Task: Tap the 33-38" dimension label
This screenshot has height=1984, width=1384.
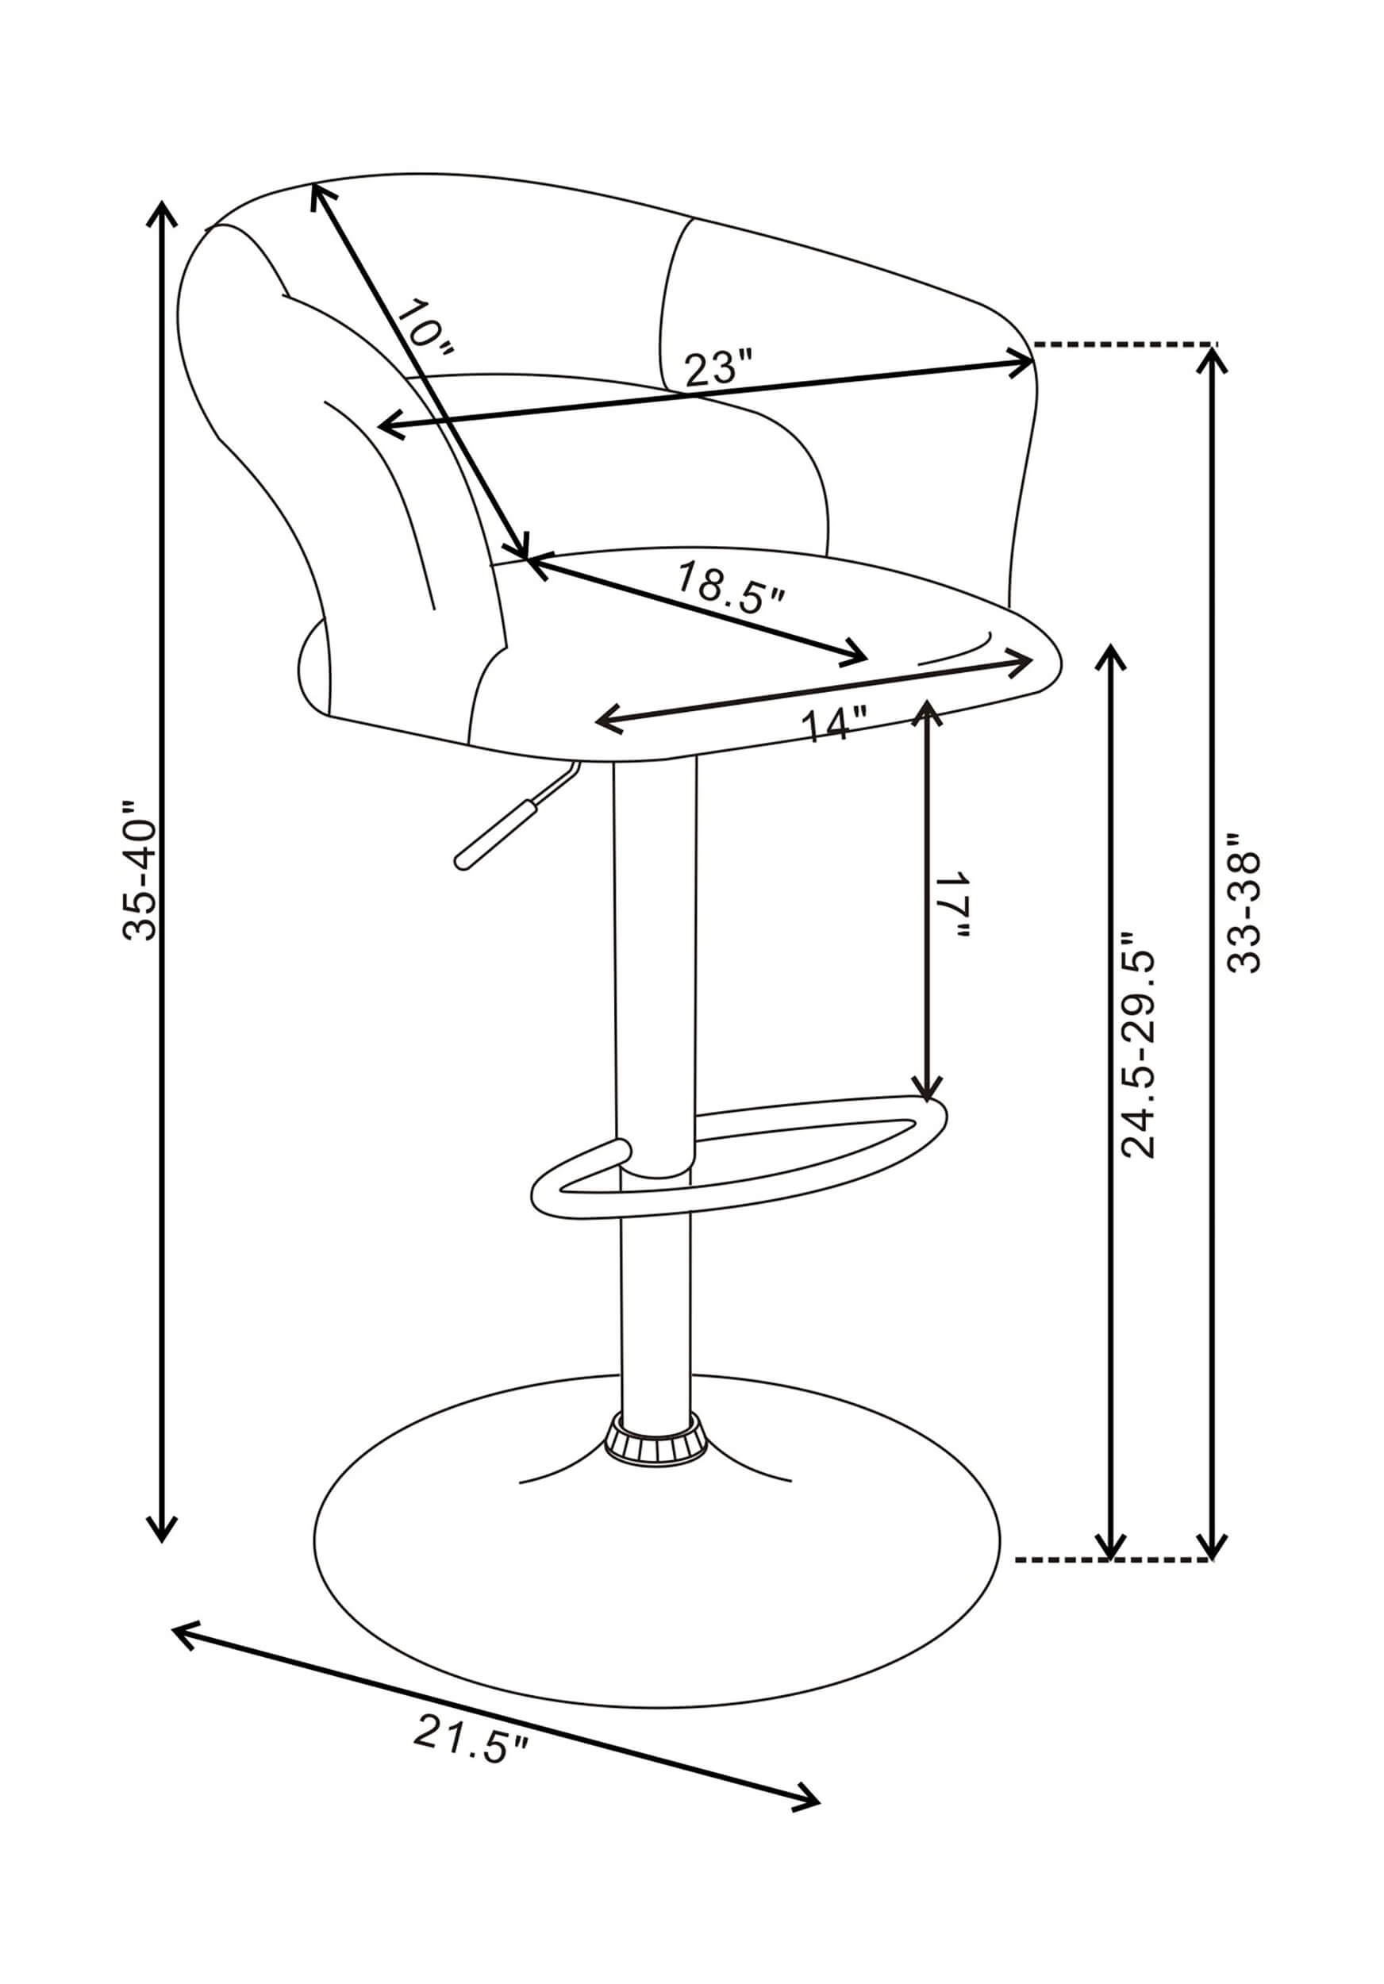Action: point(1244,902)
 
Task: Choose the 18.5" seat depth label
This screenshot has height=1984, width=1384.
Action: point(731,587)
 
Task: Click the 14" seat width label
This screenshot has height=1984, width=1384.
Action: point(835,723)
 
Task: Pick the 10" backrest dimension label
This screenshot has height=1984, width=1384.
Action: point(425,328)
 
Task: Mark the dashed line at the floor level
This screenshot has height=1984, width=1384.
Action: point(1114,1560)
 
